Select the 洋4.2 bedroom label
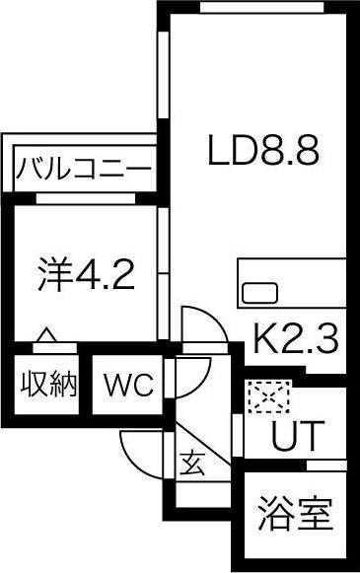[x=87, y=273]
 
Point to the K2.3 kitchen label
[x=296, y=340]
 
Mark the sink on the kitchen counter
[x=260, y=293]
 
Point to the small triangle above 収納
[x=45, y=337]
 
